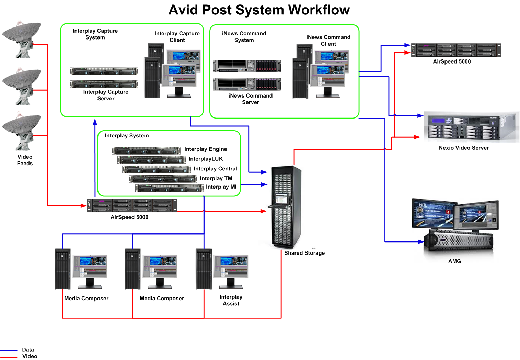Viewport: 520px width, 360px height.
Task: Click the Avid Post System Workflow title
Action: (259, 10)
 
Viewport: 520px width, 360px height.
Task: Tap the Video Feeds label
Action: (25, 160)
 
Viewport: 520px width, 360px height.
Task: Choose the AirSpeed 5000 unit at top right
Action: (455, 50)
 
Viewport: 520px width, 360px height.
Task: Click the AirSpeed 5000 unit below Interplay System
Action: (132, 205)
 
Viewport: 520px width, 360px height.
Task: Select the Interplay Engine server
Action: (146, 150)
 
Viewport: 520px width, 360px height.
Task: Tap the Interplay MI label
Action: (221, 187)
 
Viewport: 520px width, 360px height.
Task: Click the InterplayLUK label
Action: (206, 159)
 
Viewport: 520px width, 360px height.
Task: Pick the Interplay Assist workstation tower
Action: (204, 269)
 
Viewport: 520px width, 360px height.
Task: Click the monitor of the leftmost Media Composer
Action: (90, 267)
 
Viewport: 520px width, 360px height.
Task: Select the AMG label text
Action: (454, 261)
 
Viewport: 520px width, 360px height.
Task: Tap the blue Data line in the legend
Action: (9, 350)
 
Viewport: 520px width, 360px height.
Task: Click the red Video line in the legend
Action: (9, 357)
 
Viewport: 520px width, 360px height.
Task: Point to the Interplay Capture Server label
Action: (106, 95)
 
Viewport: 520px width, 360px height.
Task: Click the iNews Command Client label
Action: (328, 41)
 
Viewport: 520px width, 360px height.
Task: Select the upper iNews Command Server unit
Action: (247, 66)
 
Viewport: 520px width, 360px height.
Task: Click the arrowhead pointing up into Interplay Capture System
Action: (95, 122)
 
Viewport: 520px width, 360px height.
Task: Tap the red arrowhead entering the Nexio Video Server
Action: (417, 137)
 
